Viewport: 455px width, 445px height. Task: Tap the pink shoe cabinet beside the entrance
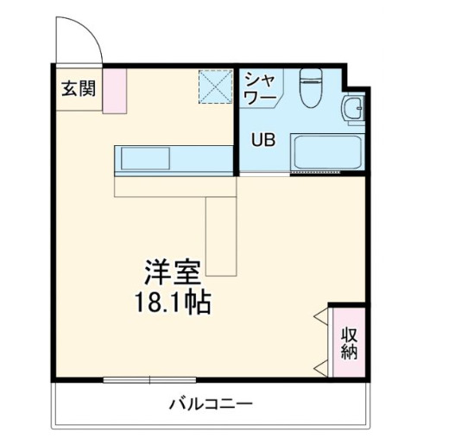(x=116, y=90)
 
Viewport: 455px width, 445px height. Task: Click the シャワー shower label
(x=260, y=89)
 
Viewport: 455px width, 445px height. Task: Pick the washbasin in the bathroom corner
(x=351, y=111)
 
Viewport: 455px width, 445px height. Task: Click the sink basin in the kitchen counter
(x=148, y=159)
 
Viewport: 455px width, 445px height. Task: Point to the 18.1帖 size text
(x=172, y=304)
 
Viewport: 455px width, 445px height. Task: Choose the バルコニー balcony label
(x=211, y=404)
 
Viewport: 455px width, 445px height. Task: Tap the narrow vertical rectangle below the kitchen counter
(x=221, y=234)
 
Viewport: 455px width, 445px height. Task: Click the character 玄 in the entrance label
(x=68, y=88)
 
